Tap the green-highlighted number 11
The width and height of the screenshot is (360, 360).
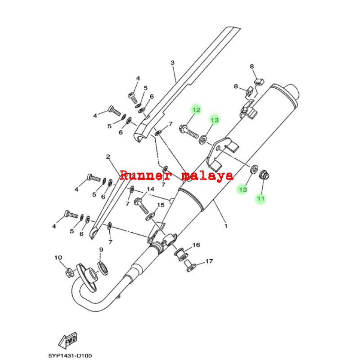pos(261,198)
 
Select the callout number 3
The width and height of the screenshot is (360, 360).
pos(172,63)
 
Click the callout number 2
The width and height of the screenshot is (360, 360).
pos(108,157)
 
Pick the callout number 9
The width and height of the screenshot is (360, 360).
pos(101,250)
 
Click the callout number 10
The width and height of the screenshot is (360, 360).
pos(58,258)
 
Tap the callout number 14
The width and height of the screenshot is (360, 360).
pos(150,189)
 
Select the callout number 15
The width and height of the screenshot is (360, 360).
pos(159,205)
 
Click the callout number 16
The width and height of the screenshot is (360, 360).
pos(196,245)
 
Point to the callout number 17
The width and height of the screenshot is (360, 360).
pos(209,261)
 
